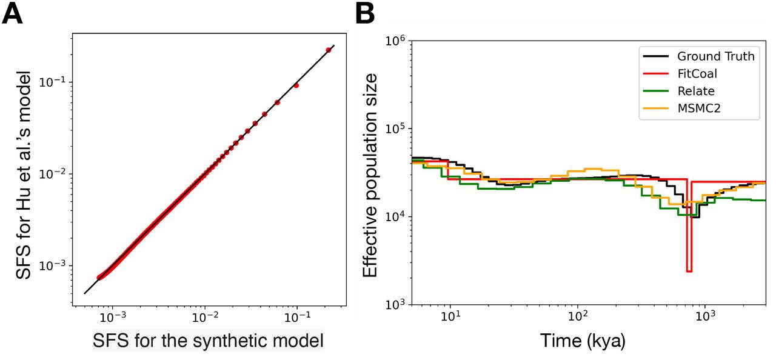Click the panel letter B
click(x=366, y=13)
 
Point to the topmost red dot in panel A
click(x=329, y=50)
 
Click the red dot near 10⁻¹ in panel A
click(x=296, y=85)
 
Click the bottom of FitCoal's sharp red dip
click(x=689, y=271)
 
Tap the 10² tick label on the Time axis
click(x=578, y=317)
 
